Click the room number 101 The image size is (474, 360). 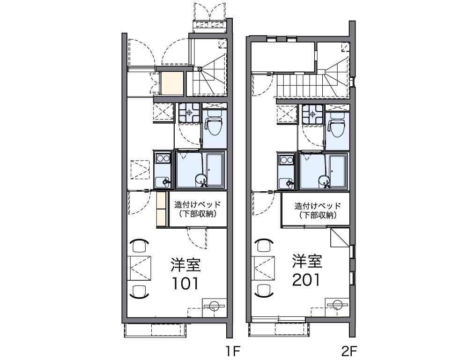coord(185,284)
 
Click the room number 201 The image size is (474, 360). coord(306,280)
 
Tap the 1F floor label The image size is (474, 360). coord(233,352)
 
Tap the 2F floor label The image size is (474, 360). coord(350,352)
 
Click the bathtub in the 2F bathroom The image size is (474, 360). coord(338,172)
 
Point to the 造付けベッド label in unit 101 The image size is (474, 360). coord(197,204)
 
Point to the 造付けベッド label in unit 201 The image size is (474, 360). coord(318,206)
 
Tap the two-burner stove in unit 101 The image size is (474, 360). coord(162,158)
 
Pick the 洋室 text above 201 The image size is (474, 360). coord(306,261)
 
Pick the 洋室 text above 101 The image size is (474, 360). coord(185,265)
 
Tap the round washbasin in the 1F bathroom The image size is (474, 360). coord(200,180)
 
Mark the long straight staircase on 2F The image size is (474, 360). coord(297,86)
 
